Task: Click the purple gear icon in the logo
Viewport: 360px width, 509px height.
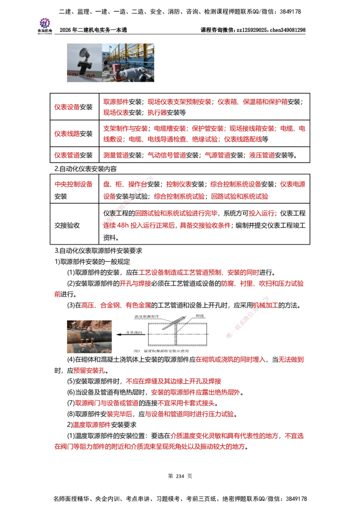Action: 45,22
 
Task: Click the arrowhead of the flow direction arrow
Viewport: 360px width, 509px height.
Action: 116,335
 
